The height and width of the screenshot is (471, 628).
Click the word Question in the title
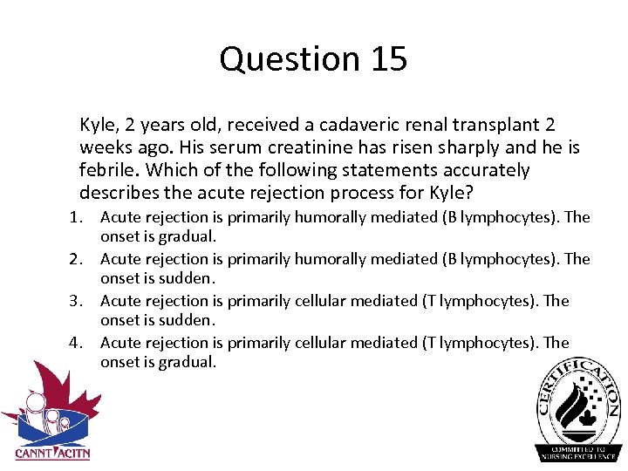pos(289,59)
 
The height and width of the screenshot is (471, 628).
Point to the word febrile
pos(108,170)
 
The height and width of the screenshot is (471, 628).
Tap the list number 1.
pos(78,217)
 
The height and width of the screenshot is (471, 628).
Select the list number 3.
pos(78,301)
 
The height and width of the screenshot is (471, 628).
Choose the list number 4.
pos(78,343)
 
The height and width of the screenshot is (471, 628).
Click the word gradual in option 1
pos(187,236)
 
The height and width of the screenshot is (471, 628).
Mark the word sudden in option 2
pos(185,278)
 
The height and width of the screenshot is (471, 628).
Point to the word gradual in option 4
pos(187,362)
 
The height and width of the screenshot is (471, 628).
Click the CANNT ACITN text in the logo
pos(52,453)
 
